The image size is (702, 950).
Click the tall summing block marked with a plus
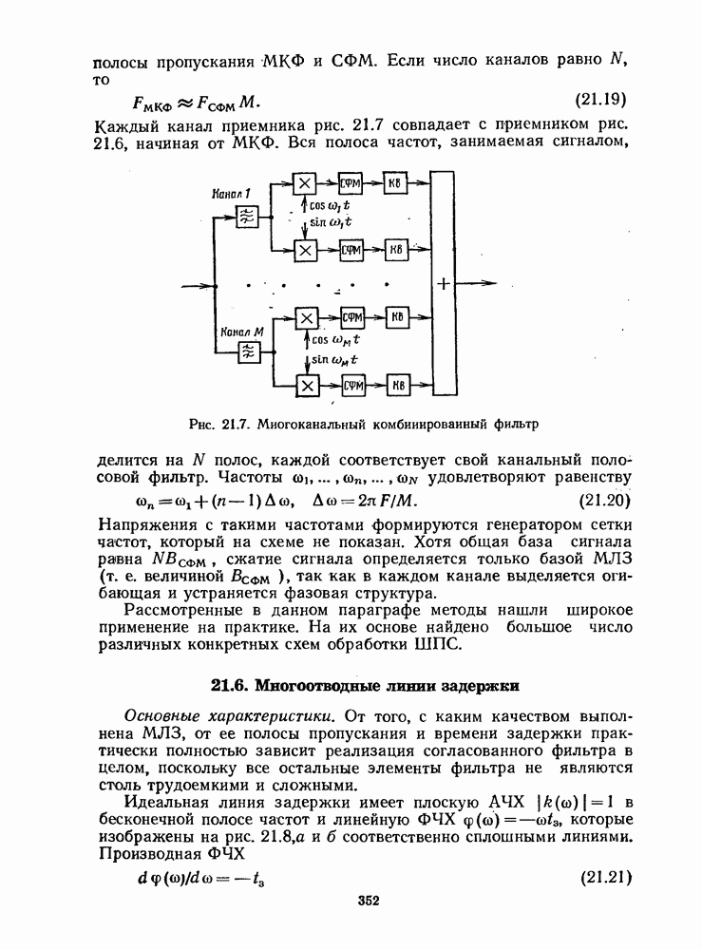(x=443, y=282)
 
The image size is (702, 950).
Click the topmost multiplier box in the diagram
(x=305, y=184)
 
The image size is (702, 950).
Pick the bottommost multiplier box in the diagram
(x=306, y=386)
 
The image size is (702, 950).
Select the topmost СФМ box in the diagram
(x=352, y=184)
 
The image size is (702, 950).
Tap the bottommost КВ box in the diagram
(x=397, y=386)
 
